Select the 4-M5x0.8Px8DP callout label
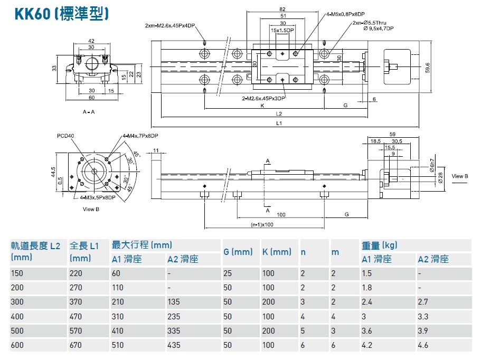click(x=345, y=14)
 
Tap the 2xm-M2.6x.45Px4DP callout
click(x=170, y=25)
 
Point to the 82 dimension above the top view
click(x=282, y=9)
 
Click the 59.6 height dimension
click(x=428, y=68)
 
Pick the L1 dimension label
click(x=279, y=124)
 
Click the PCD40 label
click(x=65, y=136)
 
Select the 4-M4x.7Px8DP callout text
click(x=140, y=136)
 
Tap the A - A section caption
click(x=89, y=112)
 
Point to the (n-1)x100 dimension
click(x=262, y=224)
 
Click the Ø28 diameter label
click(x=440, y=177)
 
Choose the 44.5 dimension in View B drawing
click(x=53, y=172)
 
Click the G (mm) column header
click(x=238, y=252)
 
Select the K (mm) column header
click(x=277, y=252)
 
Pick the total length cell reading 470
click(x=76, y=317)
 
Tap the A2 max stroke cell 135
click(x=174, y=302)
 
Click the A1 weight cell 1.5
click(x=366, y=273)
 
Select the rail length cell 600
click(x=17, y=345)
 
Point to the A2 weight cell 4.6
click(x=423, y=345)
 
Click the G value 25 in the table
click(x=228, y=273)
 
